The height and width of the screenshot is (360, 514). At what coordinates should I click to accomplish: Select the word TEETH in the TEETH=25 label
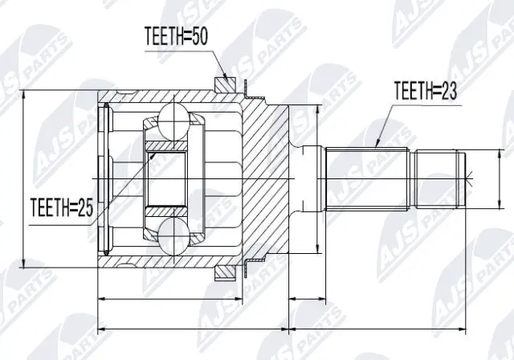tap(50, 208)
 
